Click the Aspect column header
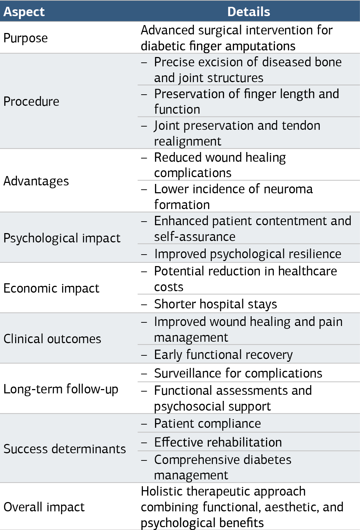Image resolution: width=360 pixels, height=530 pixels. (24, 11)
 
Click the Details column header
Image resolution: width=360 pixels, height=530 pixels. (249, 11)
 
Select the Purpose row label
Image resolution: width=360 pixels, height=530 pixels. (25, 38)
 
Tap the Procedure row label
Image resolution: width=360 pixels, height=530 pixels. (31, 101)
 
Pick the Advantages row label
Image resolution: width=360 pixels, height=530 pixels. (36, 181)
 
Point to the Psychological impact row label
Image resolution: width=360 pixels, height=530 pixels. (62, 238)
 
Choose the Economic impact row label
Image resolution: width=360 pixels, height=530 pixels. (51, 288)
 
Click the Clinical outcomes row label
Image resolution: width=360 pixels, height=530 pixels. (52, 339)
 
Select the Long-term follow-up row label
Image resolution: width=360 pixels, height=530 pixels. (61, 389)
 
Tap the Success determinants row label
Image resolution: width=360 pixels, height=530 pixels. (65, 449)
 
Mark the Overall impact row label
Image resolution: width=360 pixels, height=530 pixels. (44, 507)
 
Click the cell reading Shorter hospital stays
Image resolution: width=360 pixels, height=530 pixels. (215, 304)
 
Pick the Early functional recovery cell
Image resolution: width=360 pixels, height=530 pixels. (223, 355)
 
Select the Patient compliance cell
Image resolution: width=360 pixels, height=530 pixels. (207, 423)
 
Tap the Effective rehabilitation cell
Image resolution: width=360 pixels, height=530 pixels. (218, 442)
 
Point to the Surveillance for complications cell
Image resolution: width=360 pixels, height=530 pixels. (238, 373)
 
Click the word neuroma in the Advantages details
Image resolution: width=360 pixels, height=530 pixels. (288, 189)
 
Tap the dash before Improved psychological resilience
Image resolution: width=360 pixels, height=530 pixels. (144, 254)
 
